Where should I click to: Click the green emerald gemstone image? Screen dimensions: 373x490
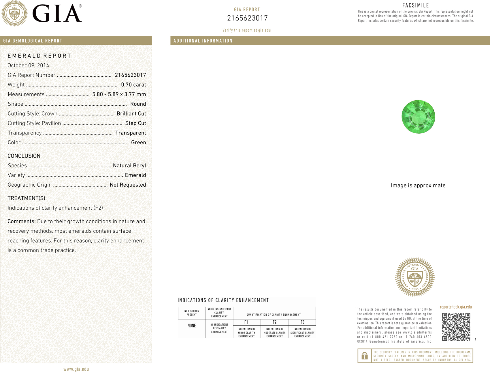point(418,117)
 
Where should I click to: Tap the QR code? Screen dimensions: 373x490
point(456,327)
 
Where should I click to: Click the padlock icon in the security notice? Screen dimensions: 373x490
point(364,356)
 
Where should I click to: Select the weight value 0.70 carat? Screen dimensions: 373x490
point(133,85)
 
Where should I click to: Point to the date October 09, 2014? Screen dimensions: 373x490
point(28,65)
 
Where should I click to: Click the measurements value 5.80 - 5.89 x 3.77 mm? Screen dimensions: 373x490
point(119,94)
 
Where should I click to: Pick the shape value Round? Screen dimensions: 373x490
point(138,104)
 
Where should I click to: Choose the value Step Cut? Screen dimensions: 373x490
point(135,123)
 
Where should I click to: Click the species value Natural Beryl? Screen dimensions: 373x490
point(129,166)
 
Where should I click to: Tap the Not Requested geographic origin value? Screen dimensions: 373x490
point(128,185)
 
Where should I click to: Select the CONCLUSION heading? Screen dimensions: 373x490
point(24,156)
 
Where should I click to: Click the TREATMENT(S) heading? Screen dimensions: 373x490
point(26,198)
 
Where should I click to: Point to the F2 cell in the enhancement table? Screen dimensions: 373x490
point(274,322)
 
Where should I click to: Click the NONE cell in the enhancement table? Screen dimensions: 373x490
point(192,326)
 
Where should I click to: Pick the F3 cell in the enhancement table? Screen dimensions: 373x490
point(302,322)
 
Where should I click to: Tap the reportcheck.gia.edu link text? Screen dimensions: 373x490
point(456,307)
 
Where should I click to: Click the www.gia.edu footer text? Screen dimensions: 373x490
point(76,369)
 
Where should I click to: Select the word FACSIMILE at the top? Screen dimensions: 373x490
point(416,5)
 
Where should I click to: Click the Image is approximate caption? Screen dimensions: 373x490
point(418,185)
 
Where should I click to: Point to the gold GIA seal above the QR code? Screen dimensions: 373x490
point(415,277)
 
